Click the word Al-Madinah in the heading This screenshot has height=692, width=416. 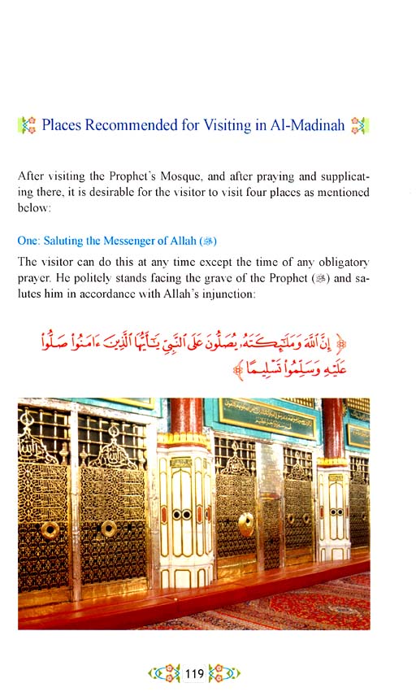[305, 126]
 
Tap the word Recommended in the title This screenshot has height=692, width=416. [134, 126]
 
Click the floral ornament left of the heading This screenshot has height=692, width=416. [27, 126]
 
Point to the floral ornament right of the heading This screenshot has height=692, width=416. [358, 126]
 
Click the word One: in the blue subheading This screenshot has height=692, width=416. [29, 241]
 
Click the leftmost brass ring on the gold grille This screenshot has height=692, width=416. [50, 529]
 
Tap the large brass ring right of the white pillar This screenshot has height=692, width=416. [246, 523]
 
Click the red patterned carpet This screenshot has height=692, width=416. [309, 606]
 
